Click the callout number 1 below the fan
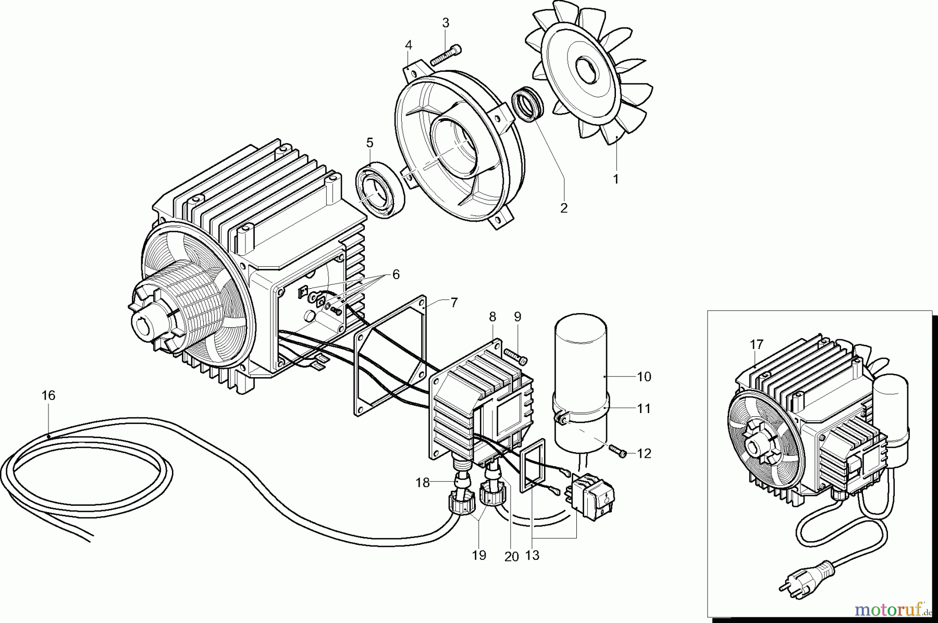615,179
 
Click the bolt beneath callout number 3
444,54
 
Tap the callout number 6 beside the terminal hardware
396,275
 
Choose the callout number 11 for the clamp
644,408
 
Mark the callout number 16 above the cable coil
48,396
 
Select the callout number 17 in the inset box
757,344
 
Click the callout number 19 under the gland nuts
479,555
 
